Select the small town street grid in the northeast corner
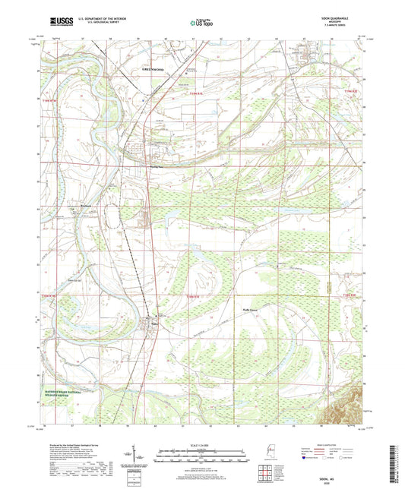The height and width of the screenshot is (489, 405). click(x=308, y=54)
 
